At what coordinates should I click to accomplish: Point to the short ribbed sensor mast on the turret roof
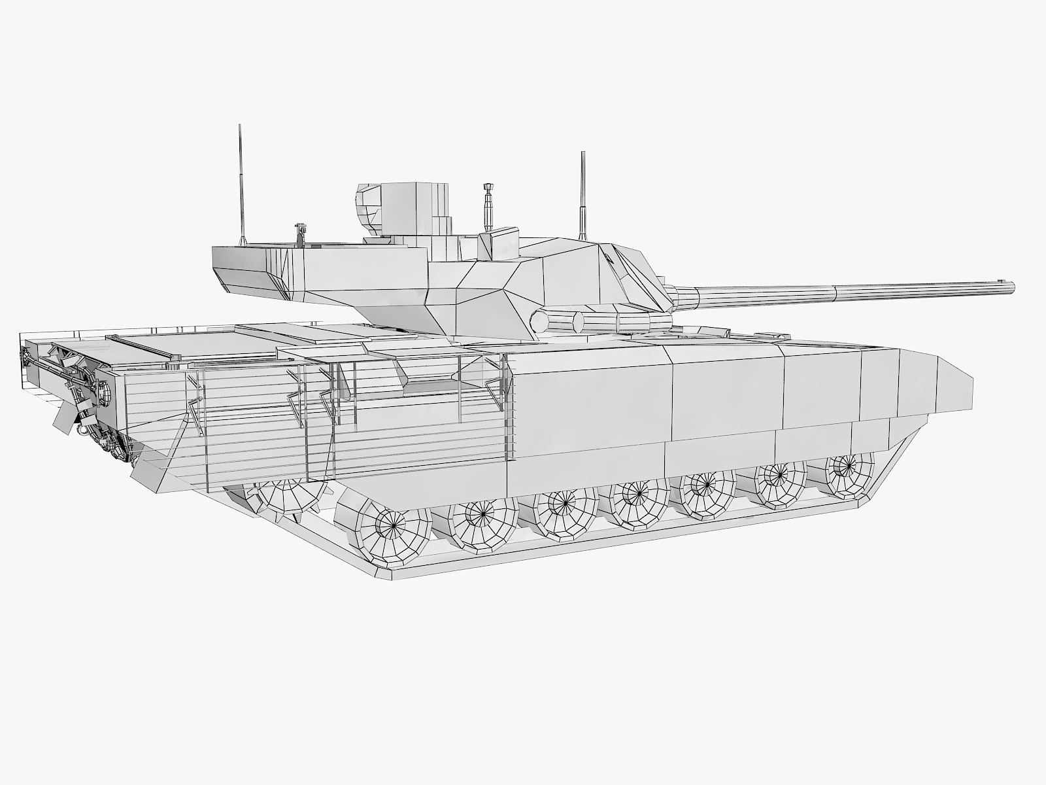click(486, 206)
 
